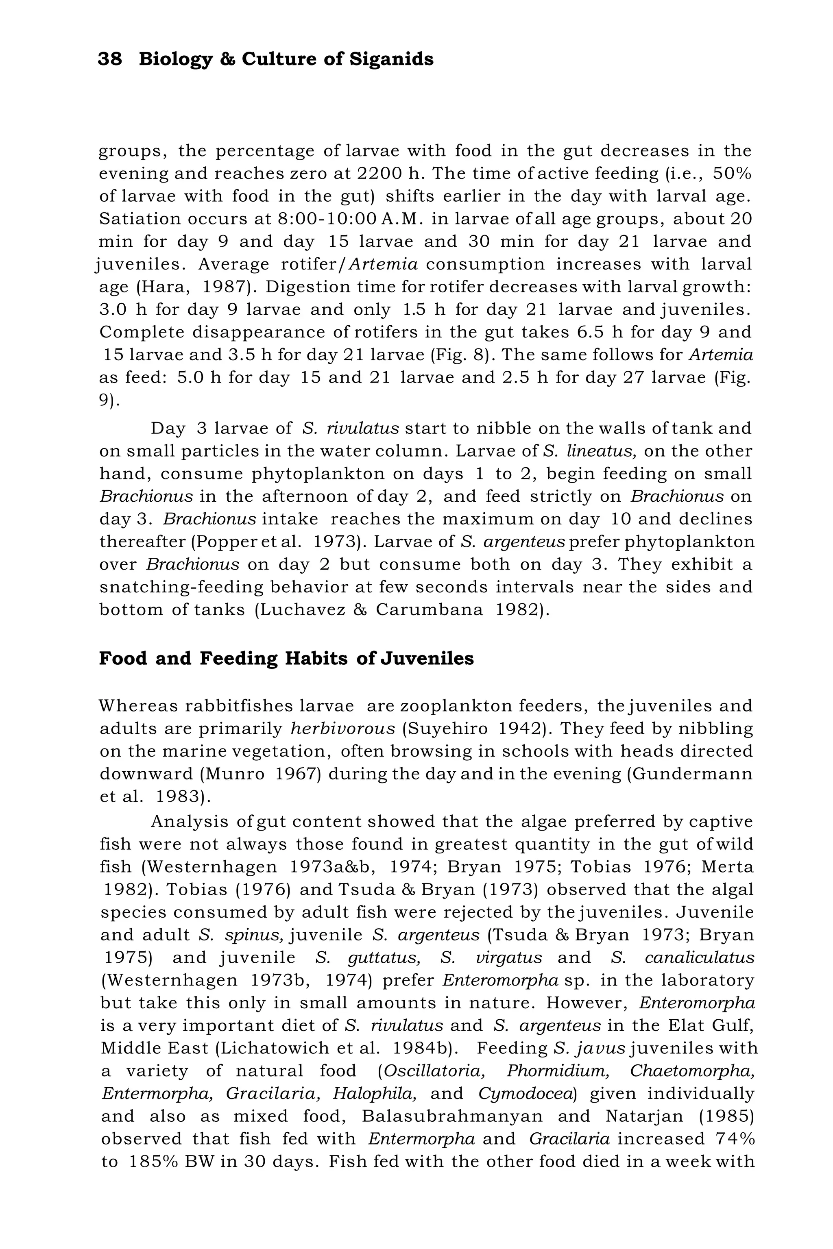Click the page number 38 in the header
(110, 59)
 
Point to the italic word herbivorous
(343, 729)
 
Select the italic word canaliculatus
(699, 957)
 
